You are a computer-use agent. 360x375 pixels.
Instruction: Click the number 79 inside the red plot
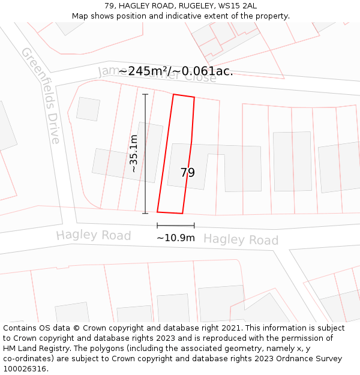188,173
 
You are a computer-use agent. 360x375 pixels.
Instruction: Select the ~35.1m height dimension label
133,154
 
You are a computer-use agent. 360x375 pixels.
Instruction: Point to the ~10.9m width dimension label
176,238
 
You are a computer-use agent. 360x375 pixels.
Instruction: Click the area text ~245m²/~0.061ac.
176,71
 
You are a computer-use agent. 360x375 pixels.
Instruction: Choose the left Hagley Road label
94,235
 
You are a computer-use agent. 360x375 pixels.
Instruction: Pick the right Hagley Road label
241,239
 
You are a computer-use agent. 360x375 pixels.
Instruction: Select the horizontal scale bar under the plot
176,226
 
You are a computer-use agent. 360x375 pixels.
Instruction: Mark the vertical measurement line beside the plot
145,154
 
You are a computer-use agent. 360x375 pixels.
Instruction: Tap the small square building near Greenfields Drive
88,109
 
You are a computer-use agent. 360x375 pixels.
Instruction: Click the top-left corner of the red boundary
173,94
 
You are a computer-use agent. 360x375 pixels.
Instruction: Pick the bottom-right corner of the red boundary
182,213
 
